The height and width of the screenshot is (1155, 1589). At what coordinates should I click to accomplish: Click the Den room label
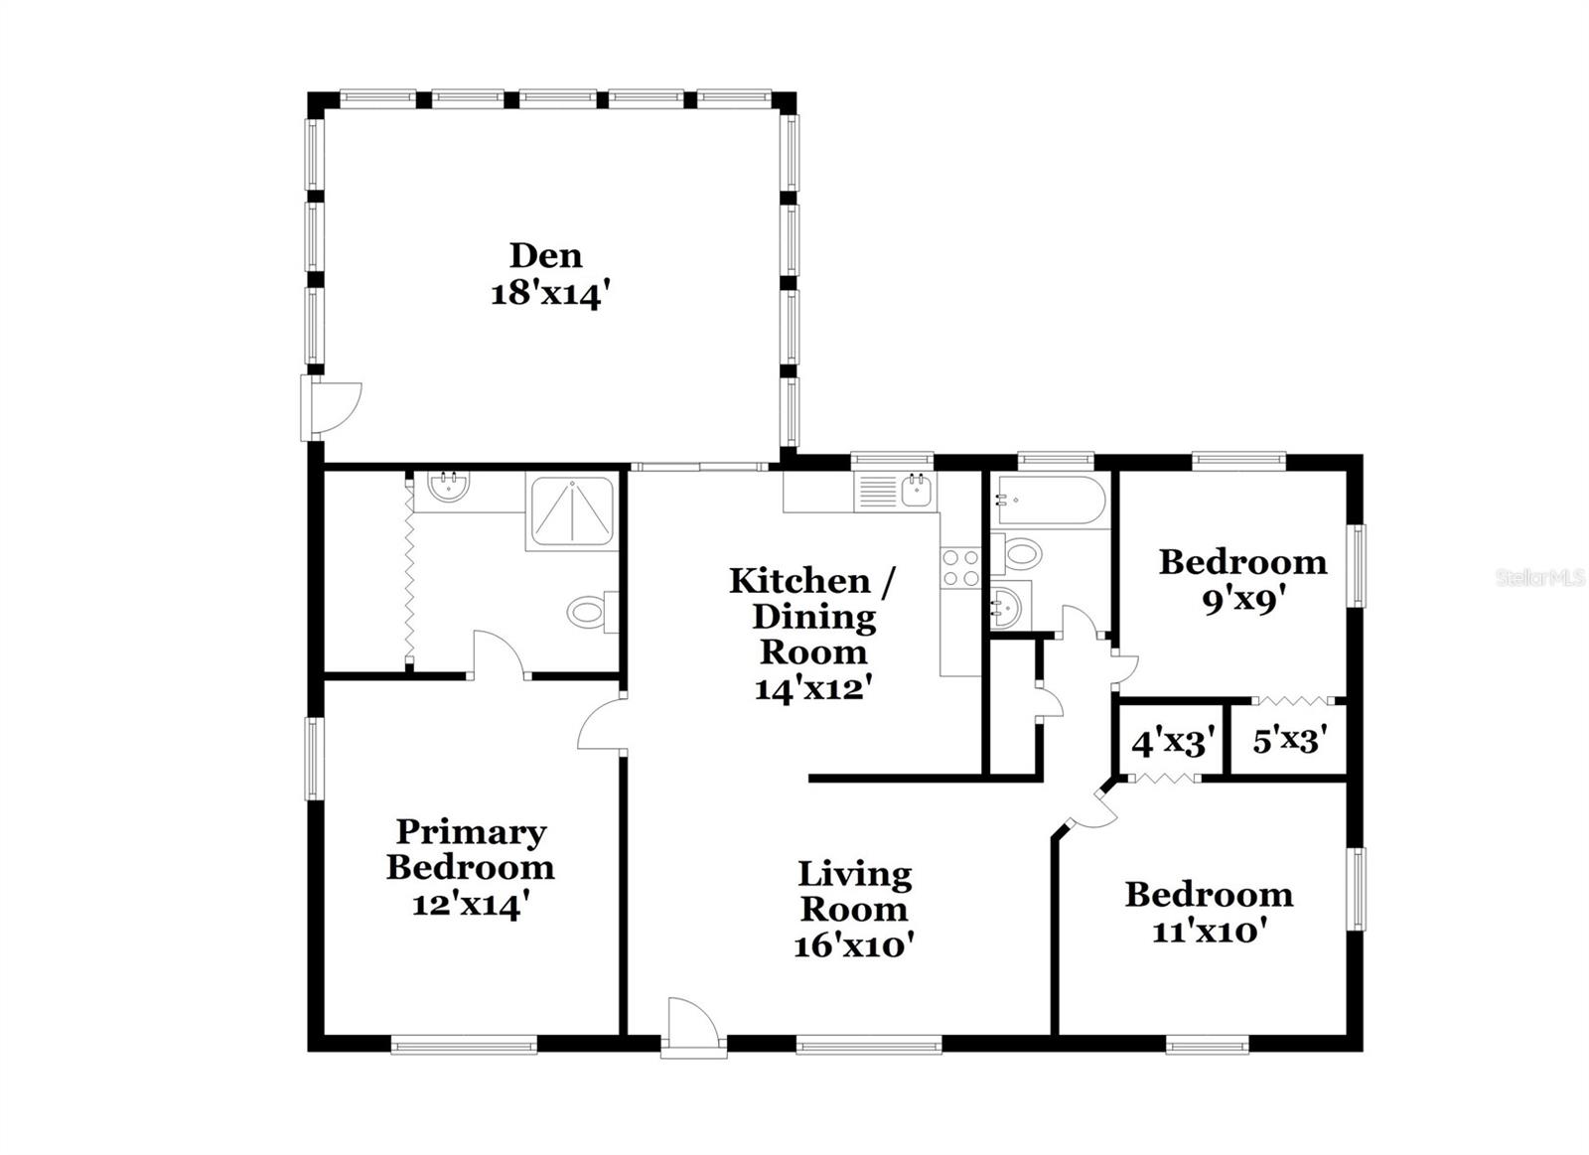click(545, 255)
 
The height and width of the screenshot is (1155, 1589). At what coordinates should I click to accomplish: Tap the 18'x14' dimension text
click(547, 294)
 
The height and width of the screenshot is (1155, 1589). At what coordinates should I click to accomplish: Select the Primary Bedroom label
click(470, 849)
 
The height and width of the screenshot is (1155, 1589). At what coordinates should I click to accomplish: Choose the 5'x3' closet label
click(1290, 740)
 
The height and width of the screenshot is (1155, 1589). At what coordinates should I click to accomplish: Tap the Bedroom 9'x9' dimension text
click(1242, 601)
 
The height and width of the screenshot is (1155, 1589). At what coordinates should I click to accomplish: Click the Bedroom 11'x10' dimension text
click(1209, 933)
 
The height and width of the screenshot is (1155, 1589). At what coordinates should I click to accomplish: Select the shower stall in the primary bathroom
click(570, 512)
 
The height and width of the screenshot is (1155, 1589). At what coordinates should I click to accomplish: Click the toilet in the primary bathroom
click(591, 611)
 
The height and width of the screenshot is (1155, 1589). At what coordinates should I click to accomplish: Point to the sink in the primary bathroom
click(449, 488)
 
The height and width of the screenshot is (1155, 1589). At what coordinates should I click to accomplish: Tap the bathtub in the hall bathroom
click(1051, 501)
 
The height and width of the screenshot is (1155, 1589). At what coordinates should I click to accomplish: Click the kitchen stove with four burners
click(960, 568)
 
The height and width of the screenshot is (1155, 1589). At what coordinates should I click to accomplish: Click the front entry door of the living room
click(692, 1028)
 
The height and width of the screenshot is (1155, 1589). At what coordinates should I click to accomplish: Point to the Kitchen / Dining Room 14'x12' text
click(812, 634)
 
